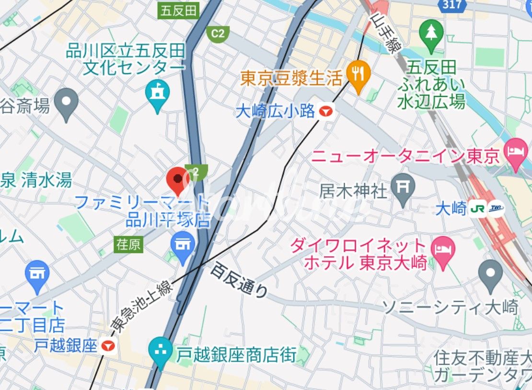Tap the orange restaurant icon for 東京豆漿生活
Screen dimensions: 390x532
tap(358, 74)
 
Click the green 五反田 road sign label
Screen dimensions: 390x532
tap(178, 11)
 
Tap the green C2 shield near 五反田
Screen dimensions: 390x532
tap(218, 33)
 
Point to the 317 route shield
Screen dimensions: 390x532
tap(452, 5)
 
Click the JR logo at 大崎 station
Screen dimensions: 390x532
tap(477, 209)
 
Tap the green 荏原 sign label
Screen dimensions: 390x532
tap(128, 244)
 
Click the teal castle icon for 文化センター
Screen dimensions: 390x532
tap(157, 92)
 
